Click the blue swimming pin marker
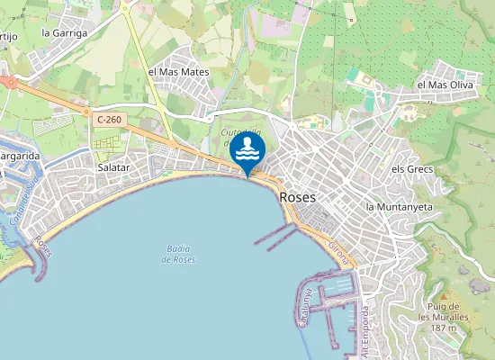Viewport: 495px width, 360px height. coord(247,151)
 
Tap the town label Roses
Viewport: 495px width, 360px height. coord(297,196)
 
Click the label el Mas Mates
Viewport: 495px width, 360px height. coord(178,71)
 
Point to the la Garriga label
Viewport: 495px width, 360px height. coord(65,32)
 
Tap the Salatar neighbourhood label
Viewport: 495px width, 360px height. coord(113,167)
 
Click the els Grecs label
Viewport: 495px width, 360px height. coord(412,169)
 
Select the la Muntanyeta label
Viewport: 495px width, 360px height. coord(400,206)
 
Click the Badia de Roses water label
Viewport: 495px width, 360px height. coord(178,254)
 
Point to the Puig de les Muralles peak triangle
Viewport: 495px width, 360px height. coord(444,296)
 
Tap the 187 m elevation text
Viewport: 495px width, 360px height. coord(444,328)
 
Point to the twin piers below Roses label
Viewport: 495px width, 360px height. coord(275,235)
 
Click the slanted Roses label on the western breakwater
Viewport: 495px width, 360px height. coord(42,246)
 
